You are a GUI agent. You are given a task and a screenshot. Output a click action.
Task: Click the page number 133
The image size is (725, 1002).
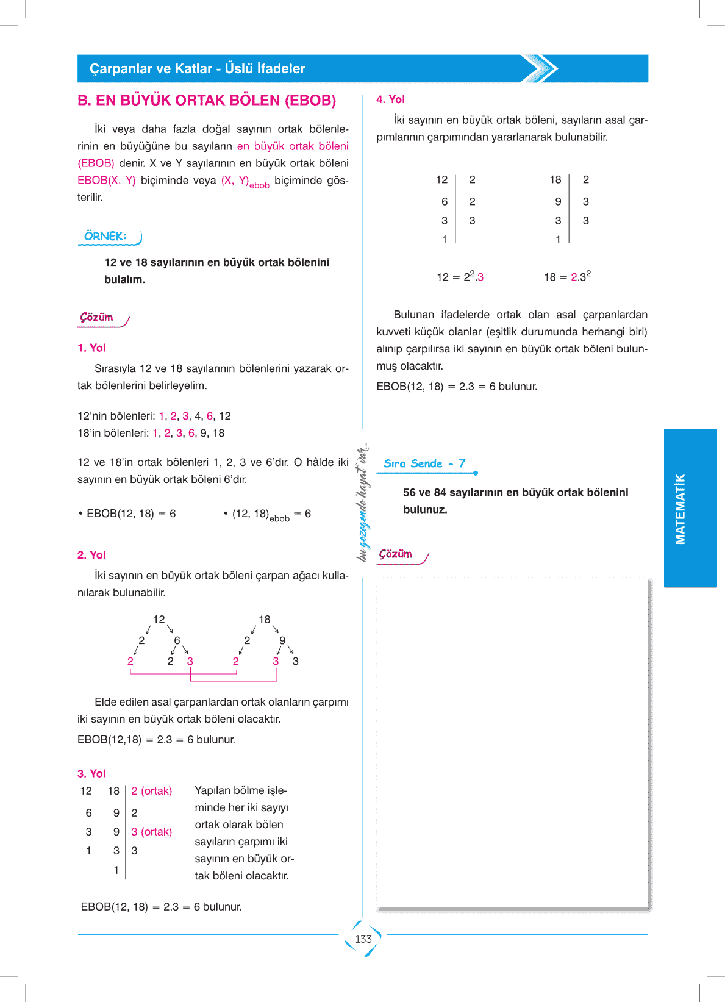pos(363,939)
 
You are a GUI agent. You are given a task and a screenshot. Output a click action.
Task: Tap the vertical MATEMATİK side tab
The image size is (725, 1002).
pos(680,509)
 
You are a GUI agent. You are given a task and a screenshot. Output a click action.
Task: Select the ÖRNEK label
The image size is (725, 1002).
pos(105,237)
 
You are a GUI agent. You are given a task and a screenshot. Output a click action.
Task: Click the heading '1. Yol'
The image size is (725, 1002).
pos(91,348)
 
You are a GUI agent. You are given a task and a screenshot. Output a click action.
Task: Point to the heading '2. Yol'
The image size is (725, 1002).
pos(91,555)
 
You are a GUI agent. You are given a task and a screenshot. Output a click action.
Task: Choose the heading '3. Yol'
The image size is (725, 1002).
pos(91,773)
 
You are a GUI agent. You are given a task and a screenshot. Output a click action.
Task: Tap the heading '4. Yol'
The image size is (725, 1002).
pos(390,99)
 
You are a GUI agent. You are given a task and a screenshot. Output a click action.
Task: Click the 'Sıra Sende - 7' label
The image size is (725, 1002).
pos(424,463)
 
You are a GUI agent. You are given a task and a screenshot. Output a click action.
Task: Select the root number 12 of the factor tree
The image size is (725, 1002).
pos(159,619)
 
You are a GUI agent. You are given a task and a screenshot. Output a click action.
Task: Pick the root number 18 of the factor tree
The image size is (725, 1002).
pos(264,619)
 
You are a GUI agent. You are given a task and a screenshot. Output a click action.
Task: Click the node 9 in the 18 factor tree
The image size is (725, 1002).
pos(282,640)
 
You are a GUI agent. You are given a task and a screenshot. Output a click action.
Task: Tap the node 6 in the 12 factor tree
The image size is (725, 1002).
pos(177,640)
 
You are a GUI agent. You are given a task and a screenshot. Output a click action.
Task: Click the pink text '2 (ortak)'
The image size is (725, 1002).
pos(152,791)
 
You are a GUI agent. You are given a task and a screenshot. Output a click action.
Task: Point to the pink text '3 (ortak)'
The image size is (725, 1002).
pos(152,832)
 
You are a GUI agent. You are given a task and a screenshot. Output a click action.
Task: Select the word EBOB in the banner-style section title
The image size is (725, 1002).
pos(311,101)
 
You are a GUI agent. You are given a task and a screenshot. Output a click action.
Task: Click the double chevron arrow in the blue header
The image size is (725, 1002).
pos(540,68)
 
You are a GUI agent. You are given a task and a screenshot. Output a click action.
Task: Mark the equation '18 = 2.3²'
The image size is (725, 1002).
pos(567,276)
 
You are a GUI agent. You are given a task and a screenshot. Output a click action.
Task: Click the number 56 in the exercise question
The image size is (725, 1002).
pos(409,492)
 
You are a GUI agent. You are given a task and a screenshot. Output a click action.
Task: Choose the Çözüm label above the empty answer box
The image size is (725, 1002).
pos(396,554)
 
